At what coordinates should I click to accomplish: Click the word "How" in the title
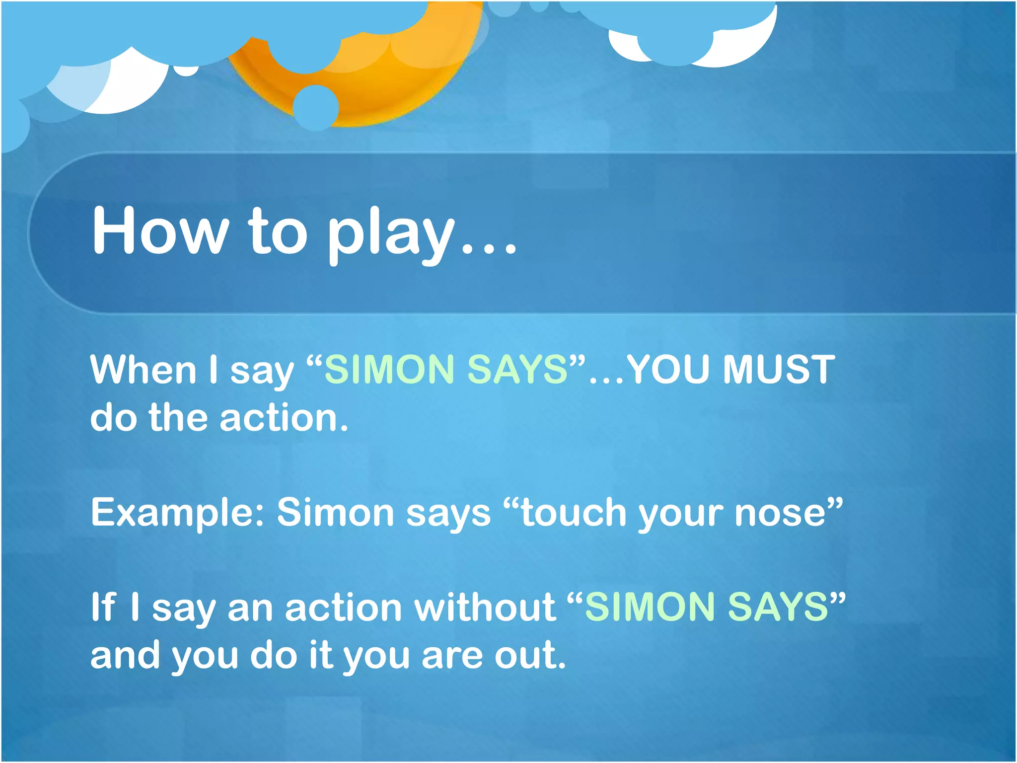pos(160,231)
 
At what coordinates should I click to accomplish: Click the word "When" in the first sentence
pos(144,370)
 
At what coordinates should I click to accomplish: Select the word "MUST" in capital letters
pos(779,370)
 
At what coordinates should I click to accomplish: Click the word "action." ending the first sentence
pos(284,418)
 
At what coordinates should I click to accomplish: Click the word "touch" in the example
pos(574,513)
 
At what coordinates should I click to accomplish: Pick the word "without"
pos(485,607)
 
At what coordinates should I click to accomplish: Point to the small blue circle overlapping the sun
pos(316,107)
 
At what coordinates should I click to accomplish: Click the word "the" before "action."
pos(178,418)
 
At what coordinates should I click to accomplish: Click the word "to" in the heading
pos(278,231)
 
